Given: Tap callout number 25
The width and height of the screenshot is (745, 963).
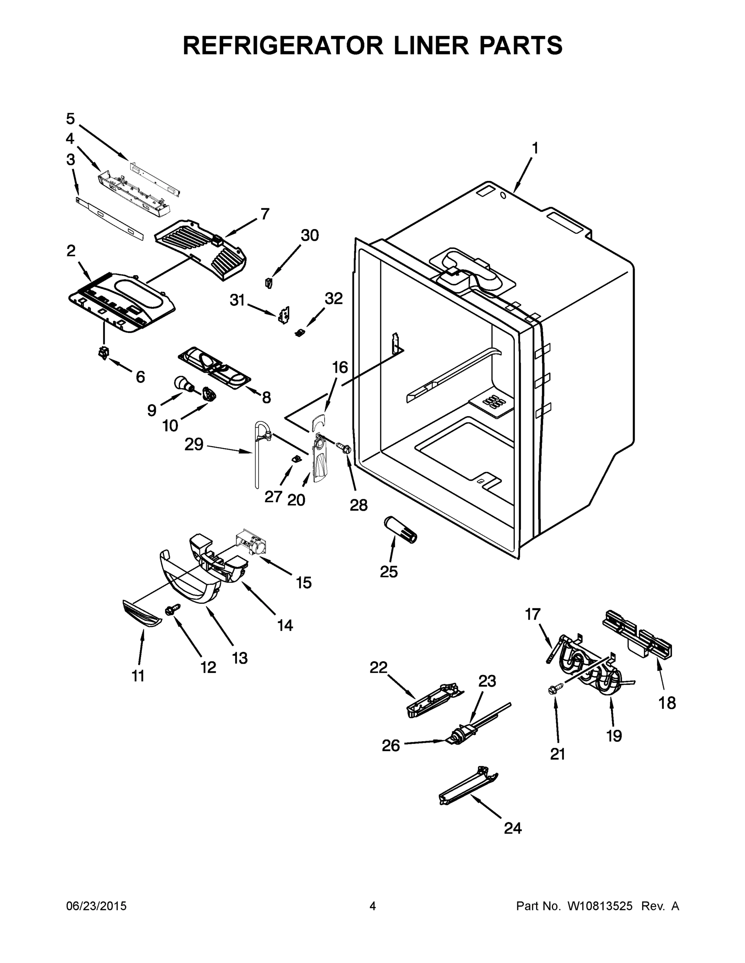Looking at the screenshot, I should coord(389,571).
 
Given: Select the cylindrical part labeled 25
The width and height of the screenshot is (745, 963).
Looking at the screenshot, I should coord(401,530).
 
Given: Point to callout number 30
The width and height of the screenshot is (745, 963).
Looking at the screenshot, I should coord(309,236).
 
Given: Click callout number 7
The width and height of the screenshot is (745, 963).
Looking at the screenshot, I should coord(264,214).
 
